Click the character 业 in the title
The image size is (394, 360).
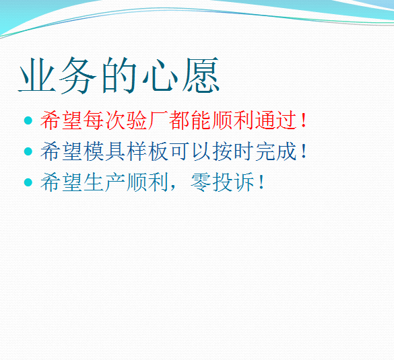tap(38, 75)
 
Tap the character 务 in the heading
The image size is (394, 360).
tap(79, 75)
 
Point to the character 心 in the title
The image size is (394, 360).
tap(160, 75)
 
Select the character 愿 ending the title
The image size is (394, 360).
tap(201, 75)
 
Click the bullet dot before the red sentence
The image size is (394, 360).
tap(28, 121)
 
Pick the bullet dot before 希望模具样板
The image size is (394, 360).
tap(28, 151)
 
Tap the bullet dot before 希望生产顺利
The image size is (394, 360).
tap(28, 182)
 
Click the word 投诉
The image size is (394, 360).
tap(234, 182)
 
